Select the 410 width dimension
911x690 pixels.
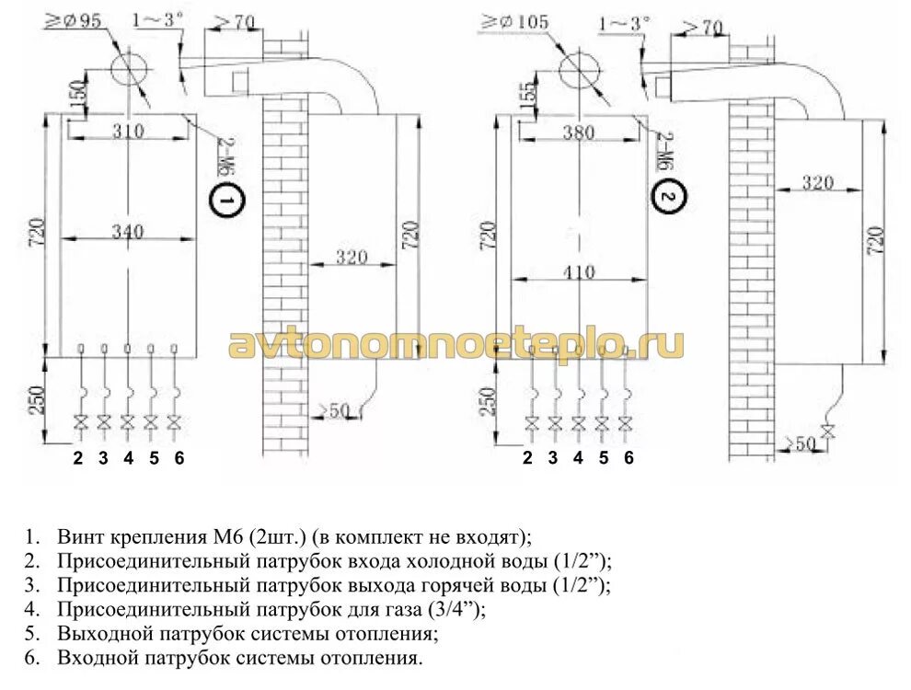click(575, 272)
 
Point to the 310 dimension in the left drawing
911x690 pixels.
click(127, 132)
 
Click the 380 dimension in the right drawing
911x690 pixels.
click(577, 132)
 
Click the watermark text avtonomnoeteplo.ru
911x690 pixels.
click(455, 344)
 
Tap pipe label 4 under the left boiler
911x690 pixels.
click(128, 457)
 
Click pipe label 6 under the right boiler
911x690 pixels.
click(629, 457)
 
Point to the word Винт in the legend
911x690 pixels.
click(79, 535)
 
